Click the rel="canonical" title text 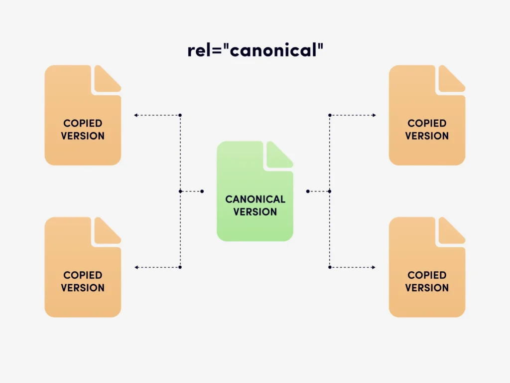tap(255, 50)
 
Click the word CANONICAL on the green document tap(255, 199)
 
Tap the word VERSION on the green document tap(255, 211)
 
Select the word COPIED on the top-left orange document tap(83, 123)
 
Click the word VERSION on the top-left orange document tap(83, 136)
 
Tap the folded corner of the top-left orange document tap(107, 79)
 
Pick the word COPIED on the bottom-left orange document tap(83, 275)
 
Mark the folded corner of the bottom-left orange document tap(107, 231)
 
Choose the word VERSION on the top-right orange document tap(427, 136)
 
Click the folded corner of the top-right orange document tap(451, 79)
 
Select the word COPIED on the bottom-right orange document tap(427, 275)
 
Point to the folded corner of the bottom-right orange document tap(451, 231)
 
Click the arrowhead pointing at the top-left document tap(135, 115)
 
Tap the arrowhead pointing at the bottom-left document tap(135, 267)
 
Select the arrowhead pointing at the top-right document tap(374, 115)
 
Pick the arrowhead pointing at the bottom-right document tap(374, 267)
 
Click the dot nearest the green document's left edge tap(202, 191)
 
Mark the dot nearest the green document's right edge tap(308, 191)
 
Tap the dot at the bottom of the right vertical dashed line tap(330, 267)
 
